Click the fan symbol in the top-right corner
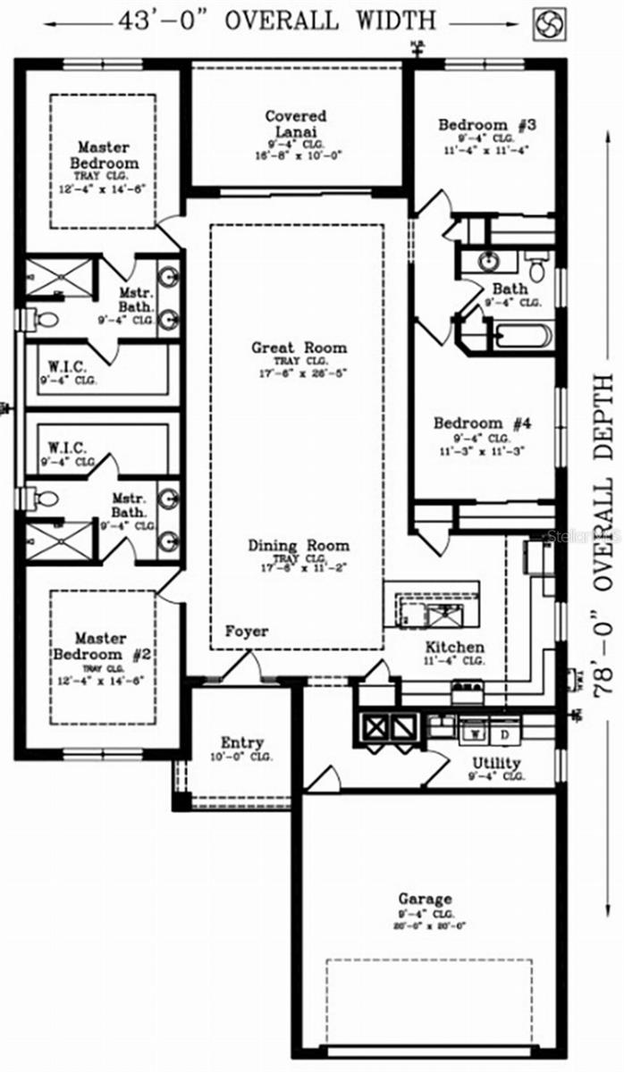click(x=550, y=24)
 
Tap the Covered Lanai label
click(x=296, y=124)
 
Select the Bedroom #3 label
click(x=486, y=125)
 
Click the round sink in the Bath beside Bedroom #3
click(x=488, y=262)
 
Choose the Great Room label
click(x=299, y=348)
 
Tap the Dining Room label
click(x=299, y=546)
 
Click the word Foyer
click(x=246, y=632)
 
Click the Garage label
click(x=425, y=899)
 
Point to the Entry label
click(x=242, y=743)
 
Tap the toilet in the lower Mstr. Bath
click(x=46, y=498)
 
